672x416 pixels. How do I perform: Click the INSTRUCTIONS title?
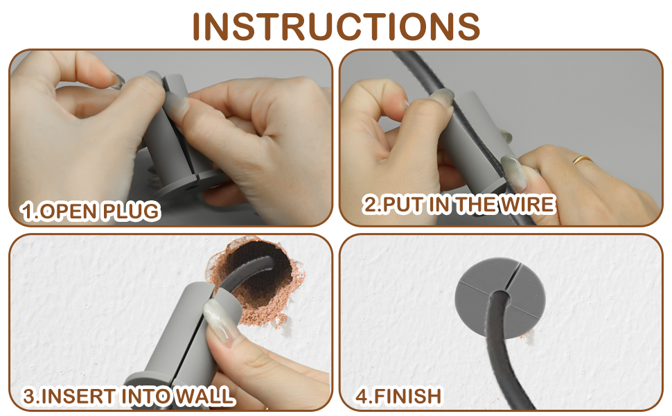[336, 26]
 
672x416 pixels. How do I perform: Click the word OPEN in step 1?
[69, 211]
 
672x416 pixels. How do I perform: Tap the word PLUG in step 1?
[130, 211]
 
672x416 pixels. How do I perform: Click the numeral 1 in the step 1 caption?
[28, 211]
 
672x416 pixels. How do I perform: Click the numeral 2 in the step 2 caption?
[370, 204]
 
